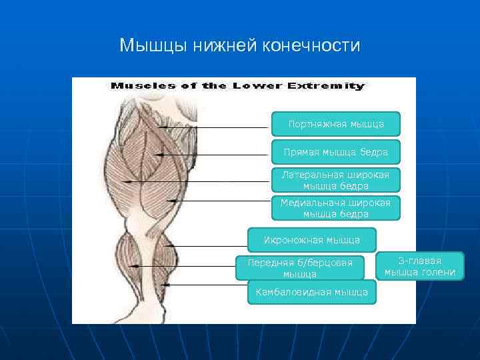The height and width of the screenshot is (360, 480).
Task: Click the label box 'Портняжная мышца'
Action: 336,124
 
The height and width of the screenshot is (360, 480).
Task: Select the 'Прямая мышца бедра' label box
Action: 336,153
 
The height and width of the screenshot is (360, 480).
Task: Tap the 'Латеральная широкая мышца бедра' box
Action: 335,180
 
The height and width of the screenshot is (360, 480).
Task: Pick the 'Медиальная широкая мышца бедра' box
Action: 335,208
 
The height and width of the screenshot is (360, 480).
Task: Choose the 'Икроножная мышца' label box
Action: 312,239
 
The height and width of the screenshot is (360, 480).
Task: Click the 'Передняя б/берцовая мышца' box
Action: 300,268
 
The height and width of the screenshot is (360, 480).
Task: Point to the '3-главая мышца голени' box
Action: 420,266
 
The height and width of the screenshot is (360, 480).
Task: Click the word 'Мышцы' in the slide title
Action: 154,46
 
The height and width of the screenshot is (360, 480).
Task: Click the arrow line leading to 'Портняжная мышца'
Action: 220,127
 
